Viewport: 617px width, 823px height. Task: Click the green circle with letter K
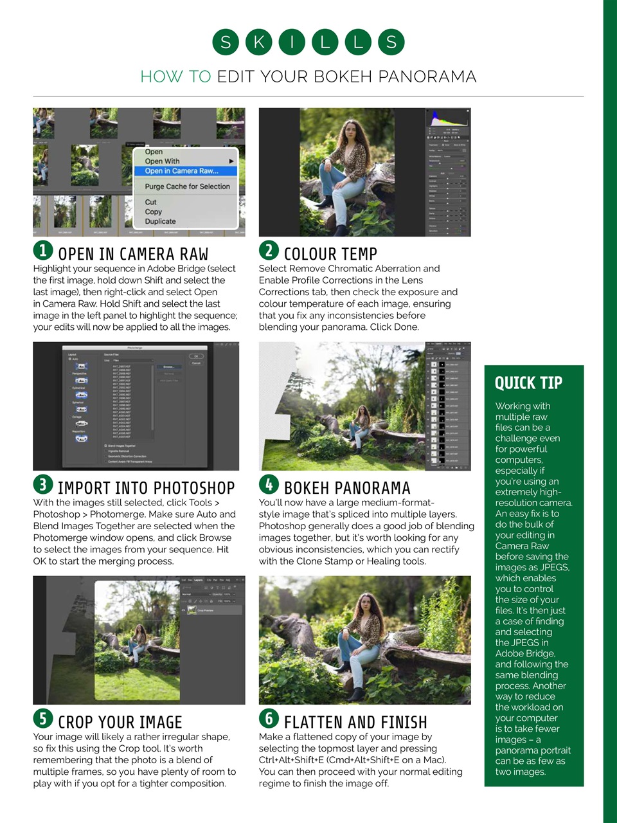(258, 42)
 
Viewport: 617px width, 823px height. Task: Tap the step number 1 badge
(42, 250)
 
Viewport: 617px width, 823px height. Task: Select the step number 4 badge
(269, 484)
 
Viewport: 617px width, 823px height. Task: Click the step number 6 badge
(269, 718)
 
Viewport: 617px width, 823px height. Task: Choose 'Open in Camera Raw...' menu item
(182, 171)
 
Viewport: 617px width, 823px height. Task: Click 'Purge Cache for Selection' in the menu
(187, 186)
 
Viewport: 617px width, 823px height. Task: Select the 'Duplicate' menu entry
(160, 221)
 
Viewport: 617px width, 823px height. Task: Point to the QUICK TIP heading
(528, 383)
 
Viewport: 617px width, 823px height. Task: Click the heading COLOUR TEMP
(330, 254)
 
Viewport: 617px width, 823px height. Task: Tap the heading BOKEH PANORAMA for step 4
(347, 488)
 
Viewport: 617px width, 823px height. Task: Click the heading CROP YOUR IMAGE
(120, 722)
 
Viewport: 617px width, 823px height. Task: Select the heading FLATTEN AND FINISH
(355, 722)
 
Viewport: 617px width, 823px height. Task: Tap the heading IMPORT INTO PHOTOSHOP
(146, 488)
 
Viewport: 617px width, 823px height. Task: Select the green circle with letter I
(292, 42)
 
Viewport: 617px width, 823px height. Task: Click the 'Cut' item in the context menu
(150, 202)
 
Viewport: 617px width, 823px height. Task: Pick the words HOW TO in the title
(175, 77)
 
